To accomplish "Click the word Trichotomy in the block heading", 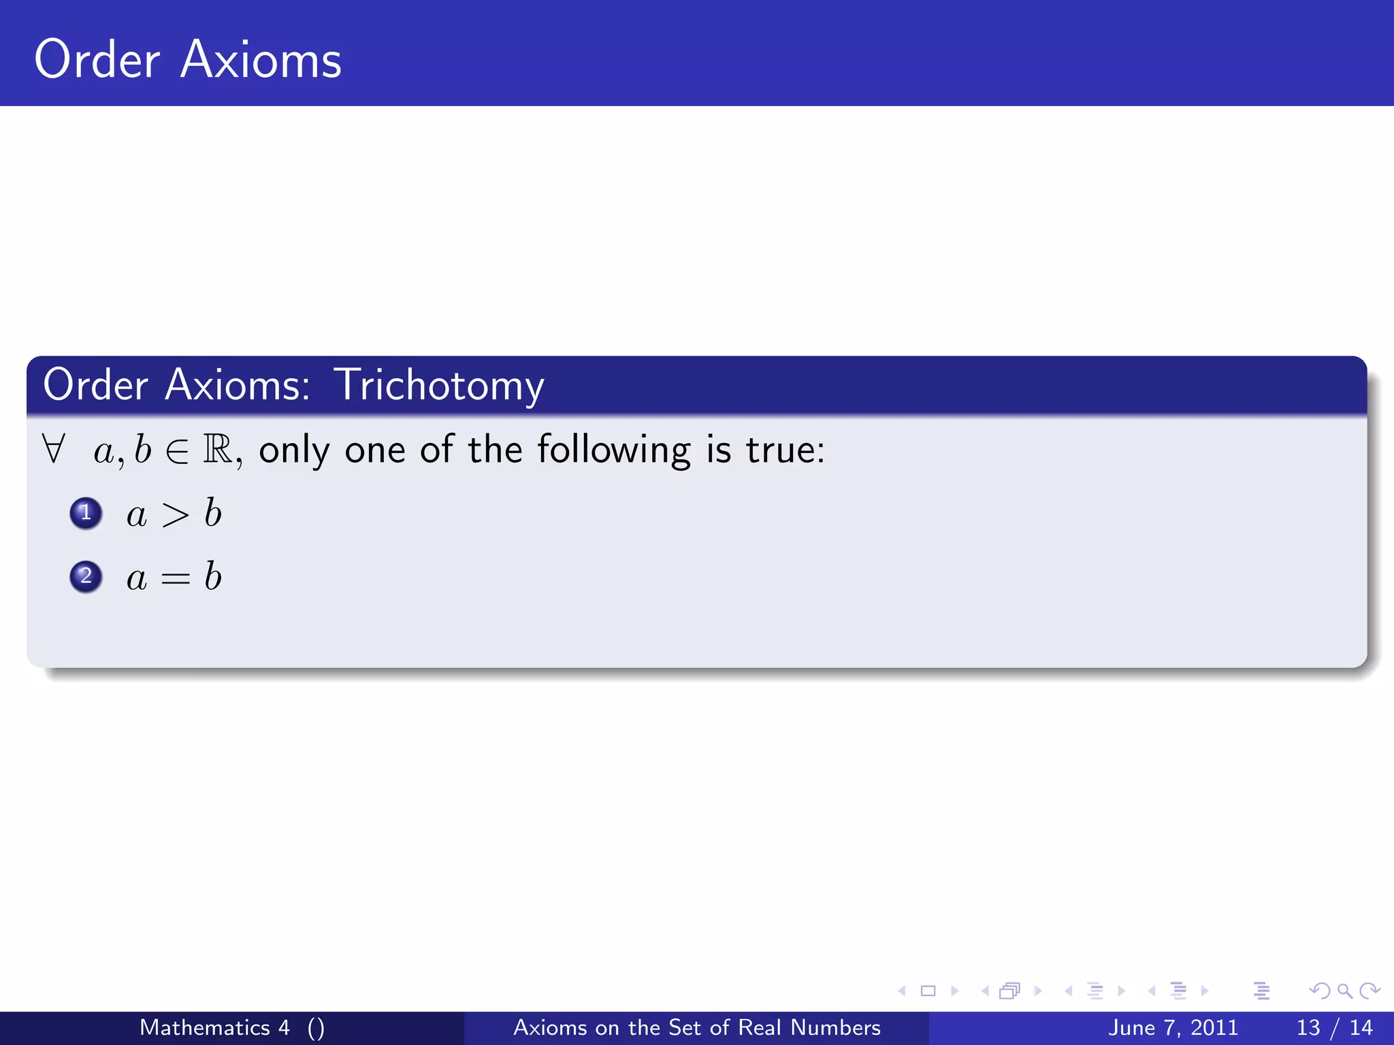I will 438,386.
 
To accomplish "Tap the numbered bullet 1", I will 86,513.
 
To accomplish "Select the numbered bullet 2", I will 86,577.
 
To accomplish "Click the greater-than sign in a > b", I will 175,515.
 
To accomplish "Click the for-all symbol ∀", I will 53,449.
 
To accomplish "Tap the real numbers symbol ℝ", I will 218,449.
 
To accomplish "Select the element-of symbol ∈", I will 177,451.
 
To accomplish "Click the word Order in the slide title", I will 97,60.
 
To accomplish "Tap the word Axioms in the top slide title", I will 261,60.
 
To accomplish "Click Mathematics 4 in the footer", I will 214,1027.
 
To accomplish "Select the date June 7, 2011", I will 1173,1027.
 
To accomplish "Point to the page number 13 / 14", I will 1335,1027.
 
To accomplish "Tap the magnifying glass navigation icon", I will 1344,991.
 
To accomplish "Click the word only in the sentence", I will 294,450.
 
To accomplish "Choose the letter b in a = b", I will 213,577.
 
